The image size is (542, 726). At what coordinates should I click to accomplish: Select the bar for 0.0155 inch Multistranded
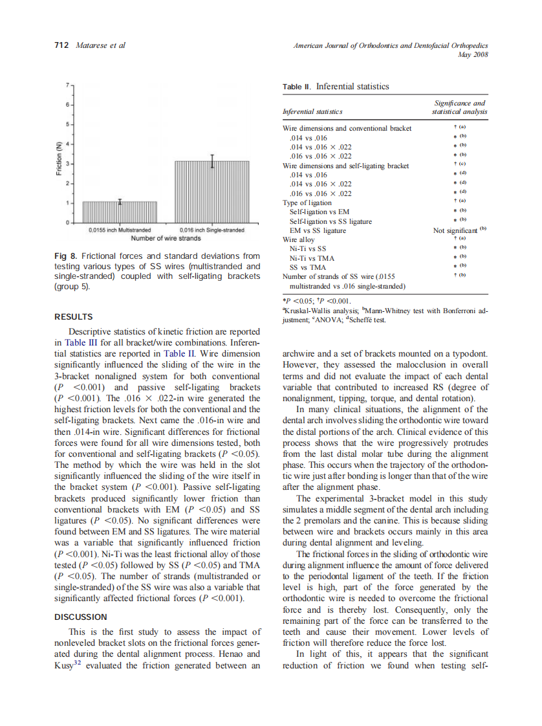pos(120,212)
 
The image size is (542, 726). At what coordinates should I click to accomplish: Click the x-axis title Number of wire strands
pos(166,239)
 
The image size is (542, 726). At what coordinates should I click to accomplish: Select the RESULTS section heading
pos(73,316)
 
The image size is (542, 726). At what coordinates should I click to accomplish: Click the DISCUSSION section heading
pos(80,617)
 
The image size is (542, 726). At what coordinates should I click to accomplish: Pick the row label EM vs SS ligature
pos(317,230)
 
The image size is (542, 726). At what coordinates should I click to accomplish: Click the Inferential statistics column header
pos(312,112)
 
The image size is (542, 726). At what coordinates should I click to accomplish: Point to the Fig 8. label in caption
pos(67,256)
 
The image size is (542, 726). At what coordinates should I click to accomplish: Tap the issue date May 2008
pos(473,54)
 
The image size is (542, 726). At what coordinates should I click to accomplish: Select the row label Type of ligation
pos(307,203)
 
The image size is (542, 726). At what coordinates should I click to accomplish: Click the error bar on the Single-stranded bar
pos(212,161)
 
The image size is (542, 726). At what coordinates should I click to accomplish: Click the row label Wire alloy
pos(299,239)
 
